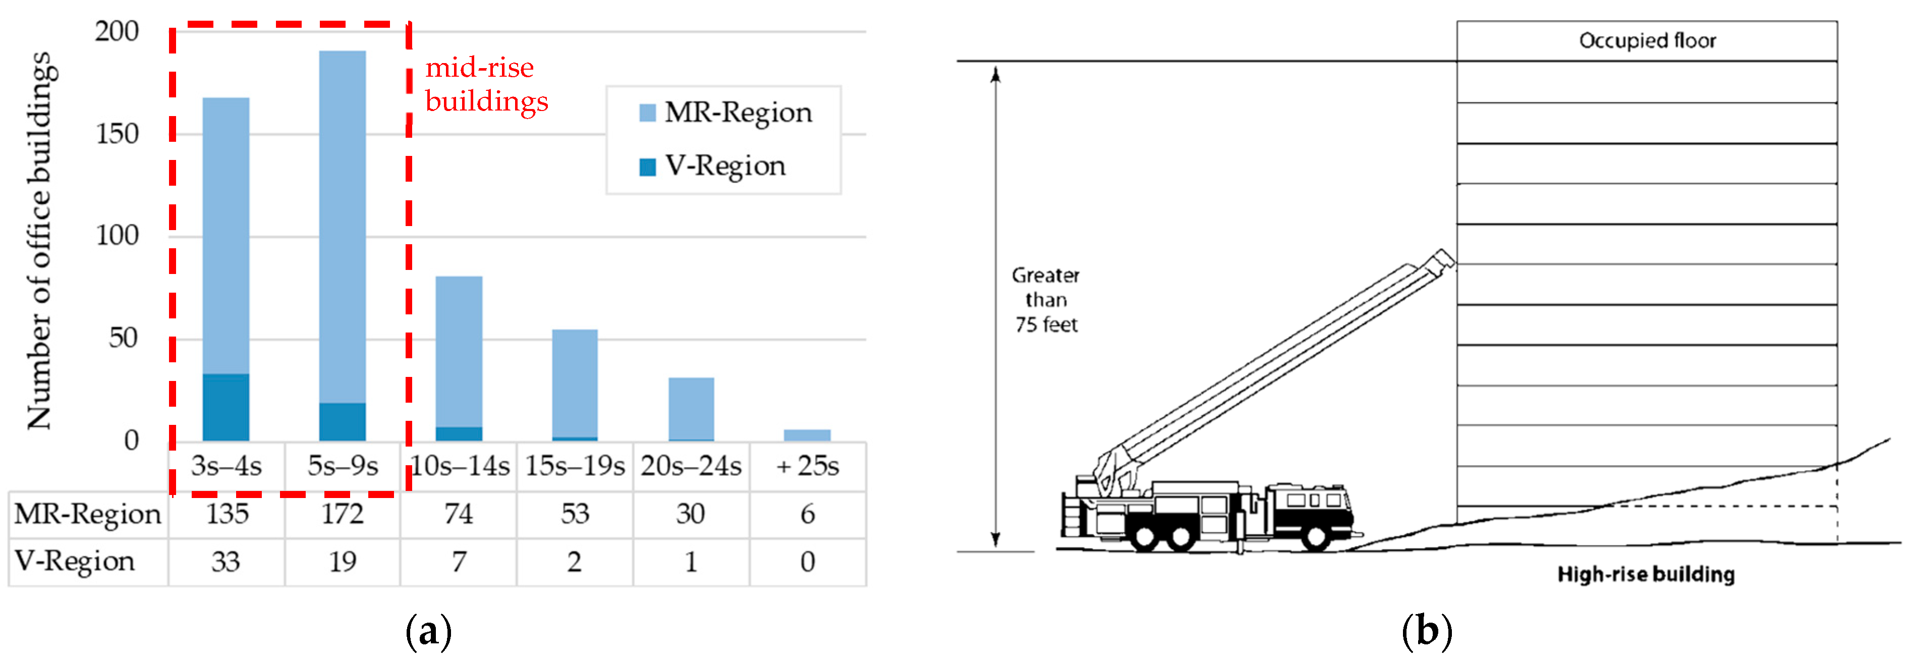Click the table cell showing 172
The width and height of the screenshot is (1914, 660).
click(343, 514)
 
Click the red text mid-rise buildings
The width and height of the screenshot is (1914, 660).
click(486, 84)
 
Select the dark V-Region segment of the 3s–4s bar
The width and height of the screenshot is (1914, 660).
click(226, 407)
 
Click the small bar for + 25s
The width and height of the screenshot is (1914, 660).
click(808, 435)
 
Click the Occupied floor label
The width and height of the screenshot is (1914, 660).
click(1647, 41)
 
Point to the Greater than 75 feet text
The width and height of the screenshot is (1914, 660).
click(1045, 300)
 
